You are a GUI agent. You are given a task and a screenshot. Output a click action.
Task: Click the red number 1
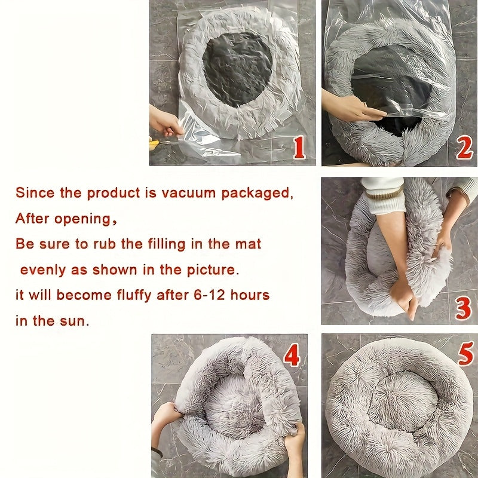(x=299, y=147)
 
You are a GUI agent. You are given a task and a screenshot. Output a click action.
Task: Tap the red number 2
(x=464, y=147)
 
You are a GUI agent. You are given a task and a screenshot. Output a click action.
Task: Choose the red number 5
(x=466, y=355)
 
